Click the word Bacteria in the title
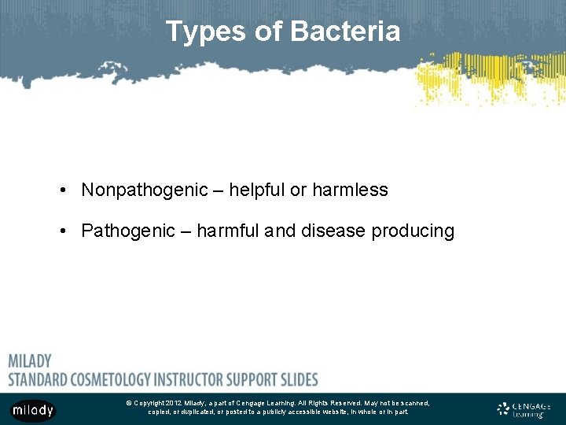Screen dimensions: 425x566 pyautogui.click(x=345, y=31)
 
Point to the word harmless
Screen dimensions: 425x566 pyautogui.click(x=350, y=190)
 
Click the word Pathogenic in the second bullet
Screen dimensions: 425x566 pyautogui.click(x=125, y=231)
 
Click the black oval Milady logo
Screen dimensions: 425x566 pyautogui.click(x=32, y=410)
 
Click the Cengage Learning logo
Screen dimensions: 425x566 pyautogui.click(x=524, y=409)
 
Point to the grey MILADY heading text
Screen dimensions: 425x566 pyautogui.click(x=30, y=361)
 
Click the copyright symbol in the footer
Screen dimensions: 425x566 pyautogui.click(x=128, y=403)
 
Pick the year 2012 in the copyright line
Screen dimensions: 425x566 pyautogui.click(x=173, y=403)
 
